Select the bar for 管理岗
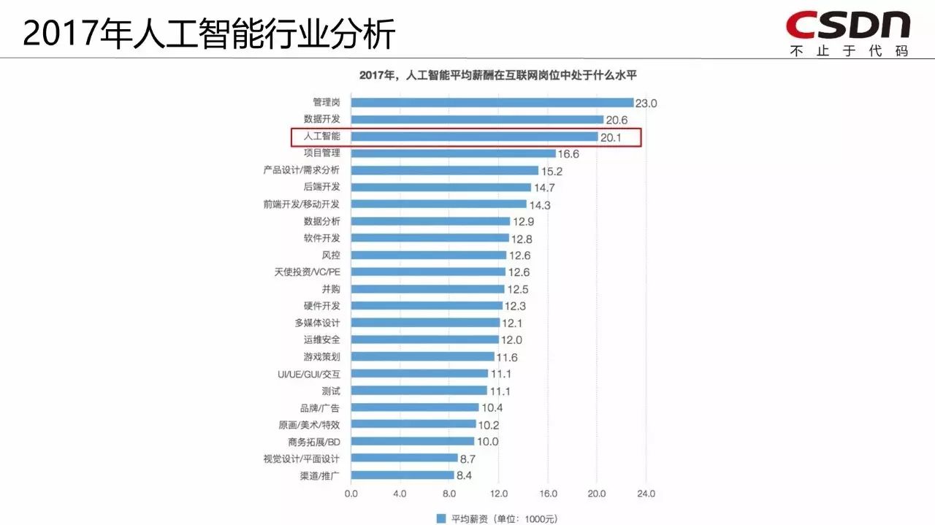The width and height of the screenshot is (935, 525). tap(492, 102)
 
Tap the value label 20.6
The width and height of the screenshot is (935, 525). tap(616, 120)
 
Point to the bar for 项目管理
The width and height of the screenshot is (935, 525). tap(453, 153)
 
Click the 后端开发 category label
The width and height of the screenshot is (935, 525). tap(321, 187)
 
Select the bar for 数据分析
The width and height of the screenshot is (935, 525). tap(430, 221)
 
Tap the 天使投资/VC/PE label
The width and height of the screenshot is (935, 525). tap(307, 272)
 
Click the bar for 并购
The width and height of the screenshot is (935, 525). tap(427, 289)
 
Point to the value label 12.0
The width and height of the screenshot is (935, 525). tap(511, 340)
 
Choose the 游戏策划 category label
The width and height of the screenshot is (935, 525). tap(321, 356)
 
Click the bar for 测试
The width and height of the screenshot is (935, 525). tap(419, 391)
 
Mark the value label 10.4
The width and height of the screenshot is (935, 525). tap(492, 408)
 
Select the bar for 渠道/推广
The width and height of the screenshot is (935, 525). tap(402, 475)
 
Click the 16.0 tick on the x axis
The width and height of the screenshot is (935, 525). tap(548, 494)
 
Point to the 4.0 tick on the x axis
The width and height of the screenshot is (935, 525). tap(400, 494)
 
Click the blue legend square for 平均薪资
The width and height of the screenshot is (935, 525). tap(440, 518)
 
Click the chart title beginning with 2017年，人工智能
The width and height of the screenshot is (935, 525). tap(499, 75)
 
